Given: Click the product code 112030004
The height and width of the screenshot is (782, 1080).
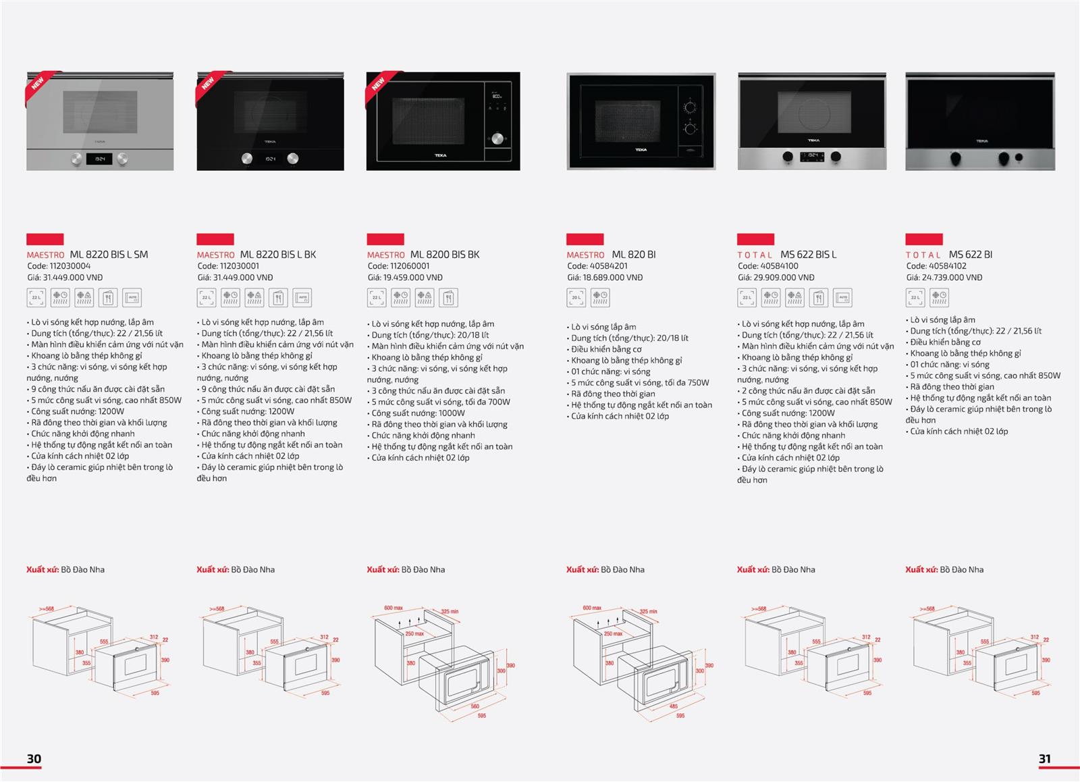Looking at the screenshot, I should coord(70,266).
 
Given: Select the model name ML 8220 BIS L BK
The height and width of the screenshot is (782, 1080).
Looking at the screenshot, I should coord(277,255).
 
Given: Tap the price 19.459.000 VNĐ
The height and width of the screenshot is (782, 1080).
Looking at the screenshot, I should coord(413,278).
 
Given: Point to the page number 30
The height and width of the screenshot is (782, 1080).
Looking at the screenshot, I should coord(34,759).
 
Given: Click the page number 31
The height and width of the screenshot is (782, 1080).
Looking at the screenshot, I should coord(1044,759).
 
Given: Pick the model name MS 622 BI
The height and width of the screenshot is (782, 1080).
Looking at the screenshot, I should coord(970,255).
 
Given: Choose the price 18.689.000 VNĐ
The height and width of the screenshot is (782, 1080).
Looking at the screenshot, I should coord(613,278).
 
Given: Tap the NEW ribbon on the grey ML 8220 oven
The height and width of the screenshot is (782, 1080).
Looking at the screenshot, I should coord(38,84).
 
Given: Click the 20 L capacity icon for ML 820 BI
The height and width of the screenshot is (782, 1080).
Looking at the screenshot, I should coord(576,297).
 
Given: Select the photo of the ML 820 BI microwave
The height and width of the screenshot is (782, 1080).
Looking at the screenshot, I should coord(641,122).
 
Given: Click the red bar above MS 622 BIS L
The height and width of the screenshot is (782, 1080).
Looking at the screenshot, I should coord(755,239).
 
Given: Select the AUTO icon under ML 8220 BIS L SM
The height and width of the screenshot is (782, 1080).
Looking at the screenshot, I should coord(132,297).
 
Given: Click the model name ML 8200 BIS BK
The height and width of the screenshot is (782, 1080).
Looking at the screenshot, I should coord(444,255).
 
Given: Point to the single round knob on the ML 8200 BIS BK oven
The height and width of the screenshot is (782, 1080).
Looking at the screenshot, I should coord(497,138).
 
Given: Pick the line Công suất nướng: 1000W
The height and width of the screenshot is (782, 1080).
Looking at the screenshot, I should coord(418,413).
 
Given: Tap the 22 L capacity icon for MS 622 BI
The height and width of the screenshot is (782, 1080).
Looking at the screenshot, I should coord(915,297).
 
